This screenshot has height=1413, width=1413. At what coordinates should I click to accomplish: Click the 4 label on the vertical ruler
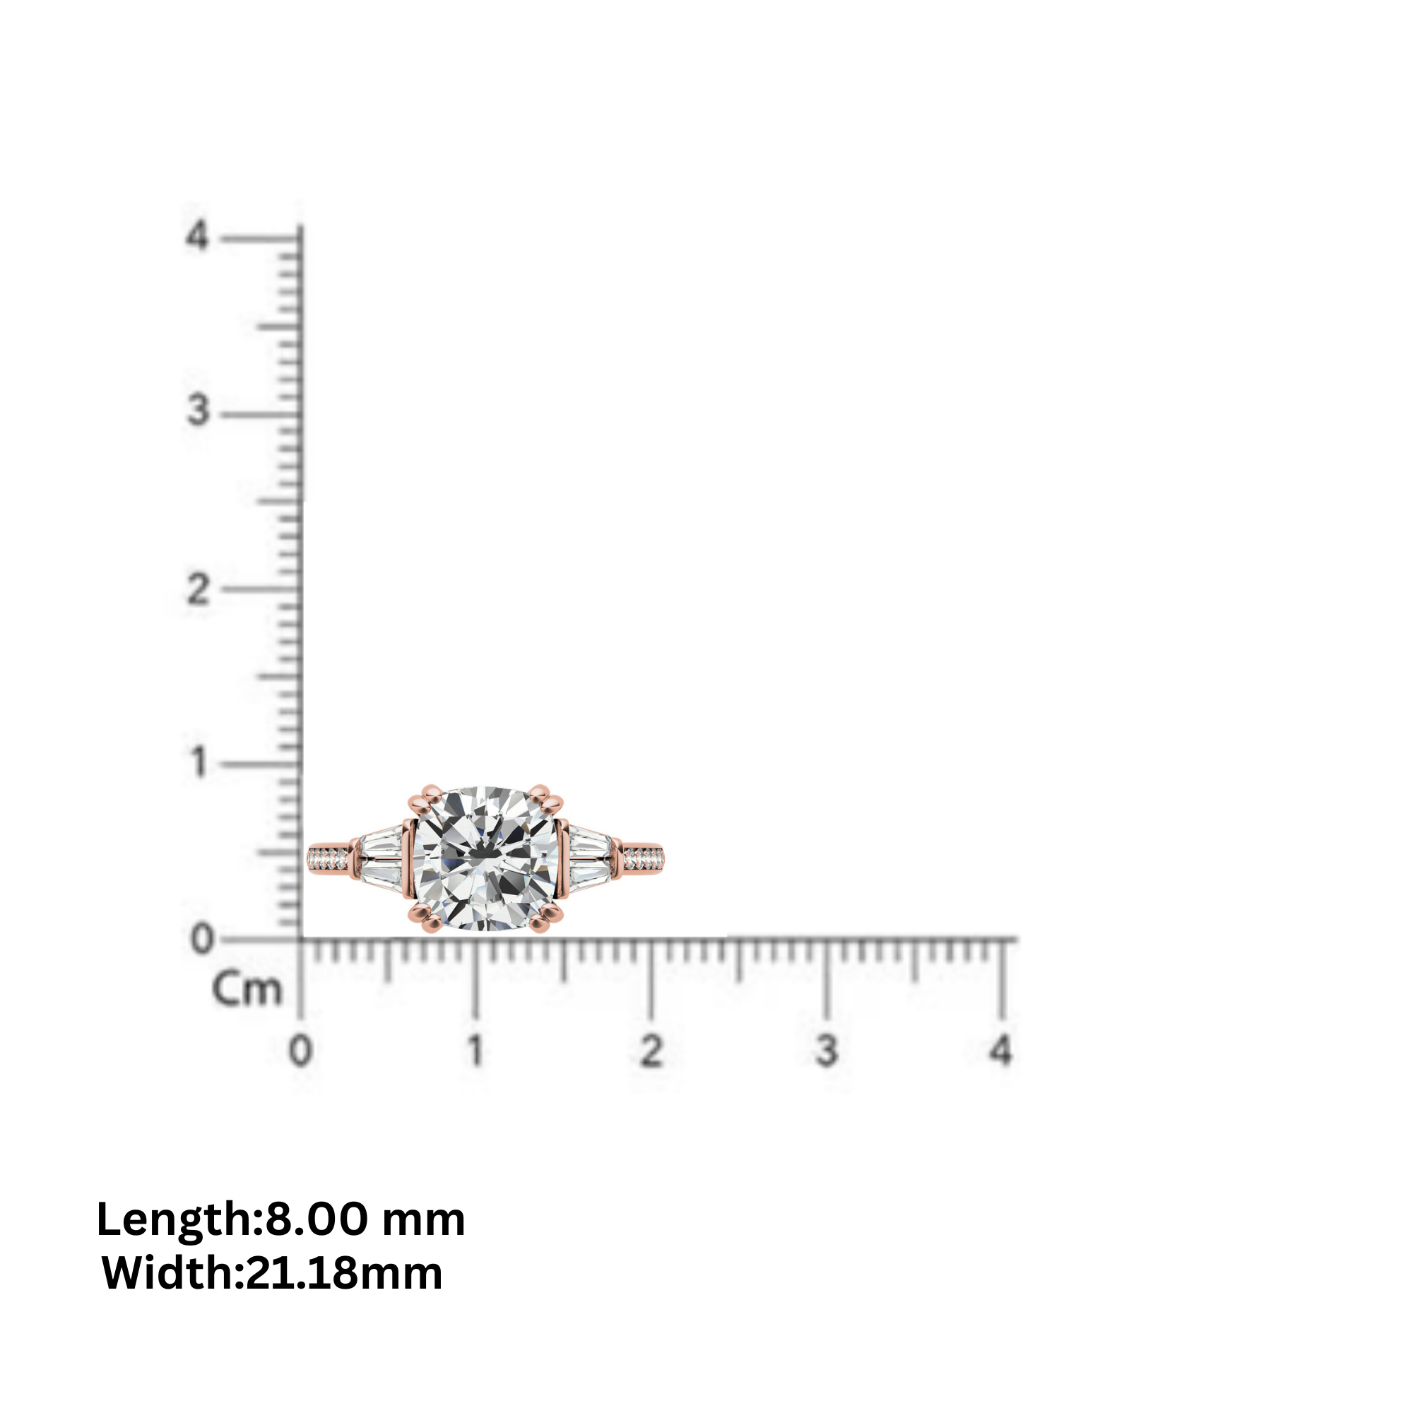click(x=198, y=236)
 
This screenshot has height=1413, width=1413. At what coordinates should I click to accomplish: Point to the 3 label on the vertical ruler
click(x=199, y=410)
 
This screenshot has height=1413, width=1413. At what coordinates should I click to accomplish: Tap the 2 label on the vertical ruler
click(x=199, y=589)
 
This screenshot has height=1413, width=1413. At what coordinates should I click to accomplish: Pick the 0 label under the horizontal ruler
click(x=300, y=1051)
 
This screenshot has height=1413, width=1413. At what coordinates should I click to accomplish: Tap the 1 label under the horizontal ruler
click(x=476, y=1051)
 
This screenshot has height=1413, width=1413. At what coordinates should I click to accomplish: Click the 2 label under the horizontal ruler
click(x=651, y=1051)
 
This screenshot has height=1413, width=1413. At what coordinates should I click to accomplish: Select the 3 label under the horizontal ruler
click(x=827, y=1051)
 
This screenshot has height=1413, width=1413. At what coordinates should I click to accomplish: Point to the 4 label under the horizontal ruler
click(x=1000, y=1051)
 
